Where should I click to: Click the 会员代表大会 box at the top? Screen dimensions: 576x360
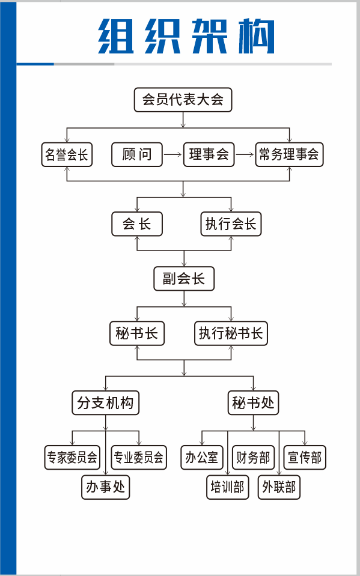coord(183,100)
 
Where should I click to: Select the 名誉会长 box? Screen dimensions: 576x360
coord(66,155)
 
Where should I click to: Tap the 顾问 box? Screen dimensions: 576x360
coord(137,155)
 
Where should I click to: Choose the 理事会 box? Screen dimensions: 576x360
coord(209,155)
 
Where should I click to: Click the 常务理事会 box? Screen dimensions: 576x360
coord(289,155)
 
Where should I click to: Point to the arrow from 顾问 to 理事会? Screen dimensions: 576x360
coord(173,155)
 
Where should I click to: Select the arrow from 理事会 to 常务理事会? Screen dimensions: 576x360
coord(244,155)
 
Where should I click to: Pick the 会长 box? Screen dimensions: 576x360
coord(137,224)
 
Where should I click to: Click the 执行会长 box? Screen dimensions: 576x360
coord(231,224)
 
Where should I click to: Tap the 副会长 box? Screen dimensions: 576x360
coord(183,279)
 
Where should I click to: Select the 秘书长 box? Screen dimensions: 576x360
coord(137,333)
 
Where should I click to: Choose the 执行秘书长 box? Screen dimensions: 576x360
coord(231,333)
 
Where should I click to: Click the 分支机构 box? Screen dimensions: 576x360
coord(105,402)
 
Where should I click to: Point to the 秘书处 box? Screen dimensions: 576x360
coord(253,402)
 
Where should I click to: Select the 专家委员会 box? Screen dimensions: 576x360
coord(72,458)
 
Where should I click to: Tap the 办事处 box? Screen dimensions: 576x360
coord(106,487)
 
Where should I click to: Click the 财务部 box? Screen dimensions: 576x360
coord(253,458)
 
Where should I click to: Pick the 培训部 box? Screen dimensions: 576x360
coord(227,487)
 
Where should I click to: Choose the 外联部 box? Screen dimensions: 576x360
coord(279,487)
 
